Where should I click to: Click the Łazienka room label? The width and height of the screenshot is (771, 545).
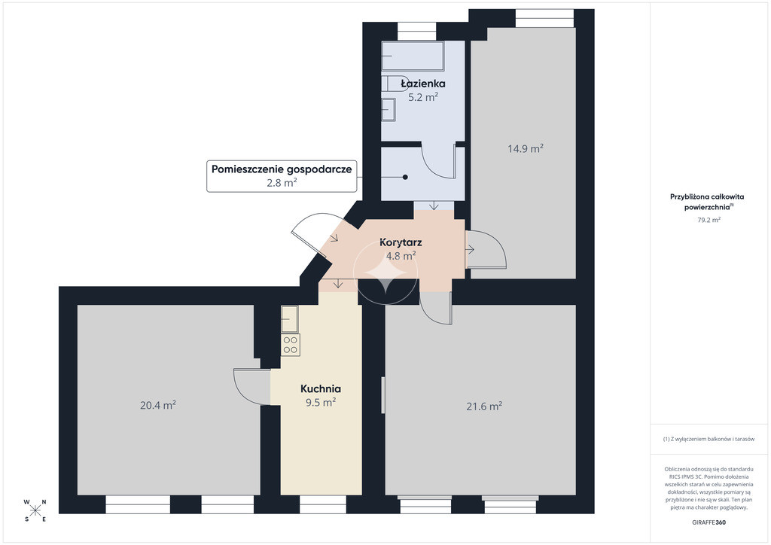click(x=423, y=84)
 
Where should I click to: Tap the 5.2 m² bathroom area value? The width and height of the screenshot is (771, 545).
click(x=423, y=97)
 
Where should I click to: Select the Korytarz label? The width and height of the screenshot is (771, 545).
click(x=401, y=242)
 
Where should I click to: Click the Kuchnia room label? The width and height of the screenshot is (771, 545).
click(x=321, y=388)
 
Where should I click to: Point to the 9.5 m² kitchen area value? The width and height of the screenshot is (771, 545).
click(x=321, y=403)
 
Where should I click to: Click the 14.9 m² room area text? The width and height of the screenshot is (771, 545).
click(x=525, y=148)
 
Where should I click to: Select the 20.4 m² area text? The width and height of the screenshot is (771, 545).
click(x=158, y=406)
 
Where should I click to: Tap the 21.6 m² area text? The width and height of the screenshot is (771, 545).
click(x=484, y=406)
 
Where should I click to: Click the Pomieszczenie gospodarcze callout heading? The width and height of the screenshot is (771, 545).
click(x=282, y=169)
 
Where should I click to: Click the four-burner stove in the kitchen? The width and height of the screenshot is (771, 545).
click(x=290, y=345)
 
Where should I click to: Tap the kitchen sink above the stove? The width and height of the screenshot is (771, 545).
click(x=290, y=319)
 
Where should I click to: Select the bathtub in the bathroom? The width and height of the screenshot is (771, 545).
click(x=413, y=56)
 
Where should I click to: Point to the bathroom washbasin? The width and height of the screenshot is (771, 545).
click(x=389, y=110)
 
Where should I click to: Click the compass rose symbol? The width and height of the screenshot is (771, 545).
click(x=35, y=510)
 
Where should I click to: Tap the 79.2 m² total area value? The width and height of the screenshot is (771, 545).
click(x=709, y=220)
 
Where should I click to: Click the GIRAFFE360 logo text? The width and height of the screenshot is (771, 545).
click(x=709, y=522)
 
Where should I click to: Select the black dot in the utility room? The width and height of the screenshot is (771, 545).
click(x=405, y=178)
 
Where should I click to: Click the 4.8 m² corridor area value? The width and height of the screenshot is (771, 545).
click(x=401, y=256)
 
